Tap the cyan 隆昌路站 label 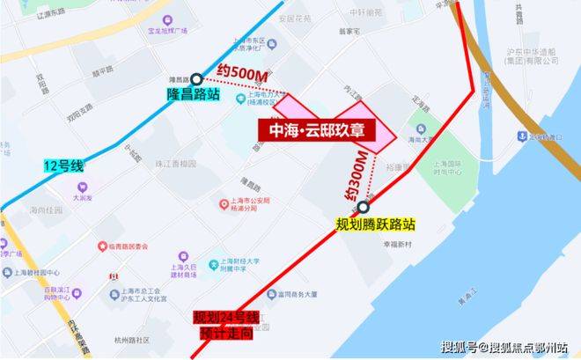coord(193,93)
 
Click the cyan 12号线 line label coord(63,165)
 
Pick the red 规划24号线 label coord(228,319)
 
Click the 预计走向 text coord(228,334)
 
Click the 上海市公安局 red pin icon coord(224,204)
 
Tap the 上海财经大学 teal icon coord(213,264)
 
